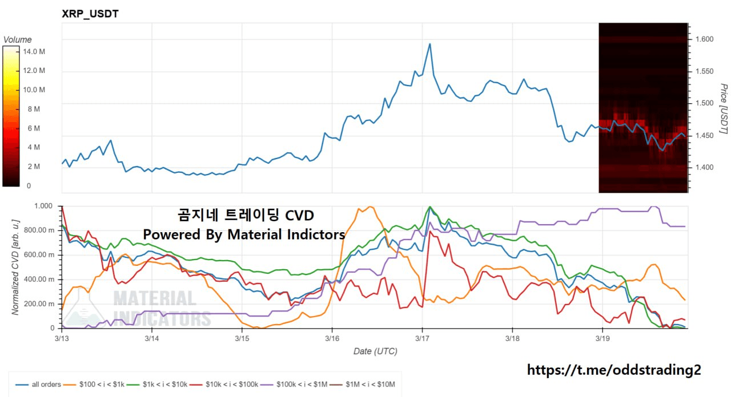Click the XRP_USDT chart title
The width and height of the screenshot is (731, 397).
pos(90,14)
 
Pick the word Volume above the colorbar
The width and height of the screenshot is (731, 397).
pos(18,40)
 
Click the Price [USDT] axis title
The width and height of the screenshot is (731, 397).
pos(724,109)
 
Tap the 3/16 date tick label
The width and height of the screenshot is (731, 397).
pos(332,338)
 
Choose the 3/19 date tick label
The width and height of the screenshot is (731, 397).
pos(602,338)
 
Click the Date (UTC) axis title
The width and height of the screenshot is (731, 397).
pos(375,351)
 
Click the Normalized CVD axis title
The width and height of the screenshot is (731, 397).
pos(16,267)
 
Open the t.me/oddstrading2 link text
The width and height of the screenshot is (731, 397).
pos(613,370)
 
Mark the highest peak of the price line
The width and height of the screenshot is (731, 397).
pos(429,44)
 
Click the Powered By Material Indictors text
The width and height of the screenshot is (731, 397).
pos(244,234)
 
